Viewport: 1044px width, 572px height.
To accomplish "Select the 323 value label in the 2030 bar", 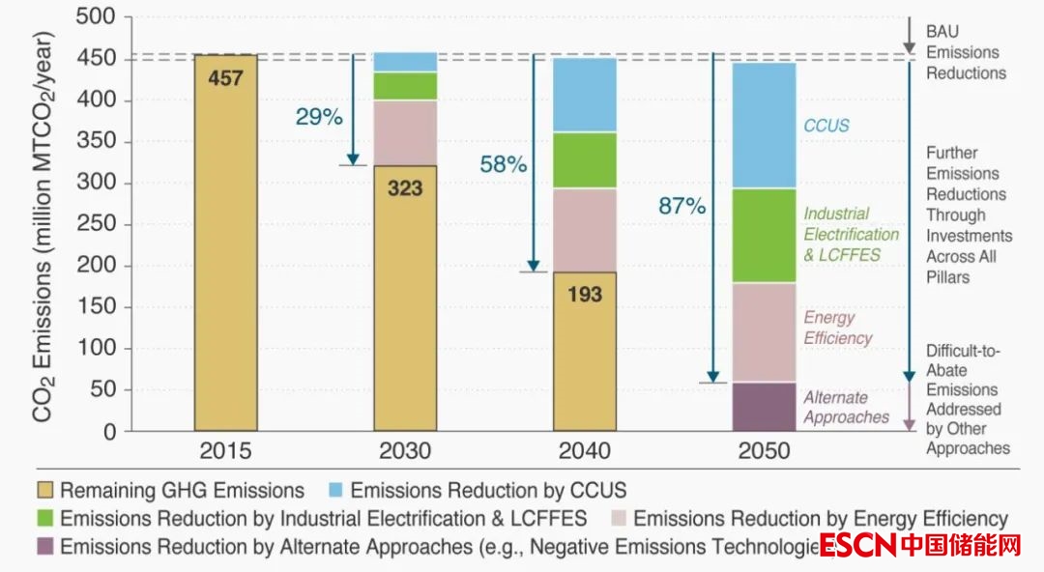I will [405, 187].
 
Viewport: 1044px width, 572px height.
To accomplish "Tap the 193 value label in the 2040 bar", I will [584, 293].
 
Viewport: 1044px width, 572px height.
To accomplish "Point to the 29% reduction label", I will [319, 117].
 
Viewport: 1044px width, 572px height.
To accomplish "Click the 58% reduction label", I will [503, 164].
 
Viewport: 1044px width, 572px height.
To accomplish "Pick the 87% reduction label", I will [682, 206].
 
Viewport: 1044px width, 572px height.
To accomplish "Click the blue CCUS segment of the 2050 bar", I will [764, 126].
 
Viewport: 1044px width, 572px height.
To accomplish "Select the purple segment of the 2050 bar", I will [764, 407].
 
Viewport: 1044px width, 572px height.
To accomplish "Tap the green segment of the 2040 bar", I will [584, 159].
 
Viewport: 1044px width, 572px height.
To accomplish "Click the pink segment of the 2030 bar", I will [405, 132].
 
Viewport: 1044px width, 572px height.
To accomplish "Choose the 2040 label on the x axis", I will [584, 451].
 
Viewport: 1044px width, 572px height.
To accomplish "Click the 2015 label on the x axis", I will [226, 451].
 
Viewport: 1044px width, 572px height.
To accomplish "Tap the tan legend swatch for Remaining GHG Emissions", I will [44, 490].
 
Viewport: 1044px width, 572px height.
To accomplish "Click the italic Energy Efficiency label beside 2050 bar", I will [838, 328].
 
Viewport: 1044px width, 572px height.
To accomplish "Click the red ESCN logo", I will [856, 545].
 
